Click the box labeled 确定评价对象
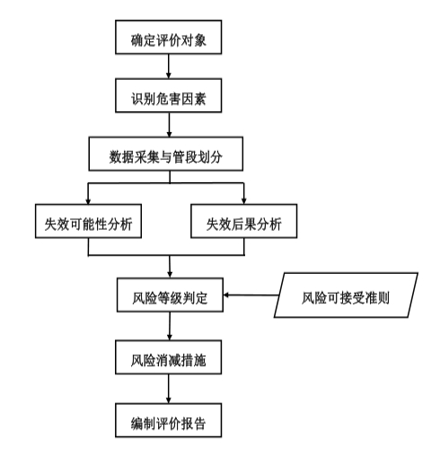coord(169,37)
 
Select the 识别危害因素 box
coord(169,95)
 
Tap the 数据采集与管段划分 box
coord(166,154)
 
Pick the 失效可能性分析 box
coord(88,221)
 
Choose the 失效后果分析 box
coord(244,221)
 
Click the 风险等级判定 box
coord(170,295)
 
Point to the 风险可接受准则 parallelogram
coord(346,295)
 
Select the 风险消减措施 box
coord(169,357)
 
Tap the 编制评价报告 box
coord(169,420)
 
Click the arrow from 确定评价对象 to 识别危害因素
coord(169,66)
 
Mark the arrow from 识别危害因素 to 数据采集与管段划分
coord(169,125)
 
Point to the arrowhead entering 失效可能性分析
coord(88,201)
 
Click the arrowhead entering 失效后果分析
coord(244,201)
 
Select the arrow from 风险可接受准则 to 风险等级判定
coord(251,295)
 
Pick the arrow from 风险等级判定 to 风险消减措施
coord(170,326)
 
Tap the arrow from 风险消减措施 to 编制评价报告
coord(169,389)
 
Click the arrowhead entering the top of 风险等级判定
coord(170,275)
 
